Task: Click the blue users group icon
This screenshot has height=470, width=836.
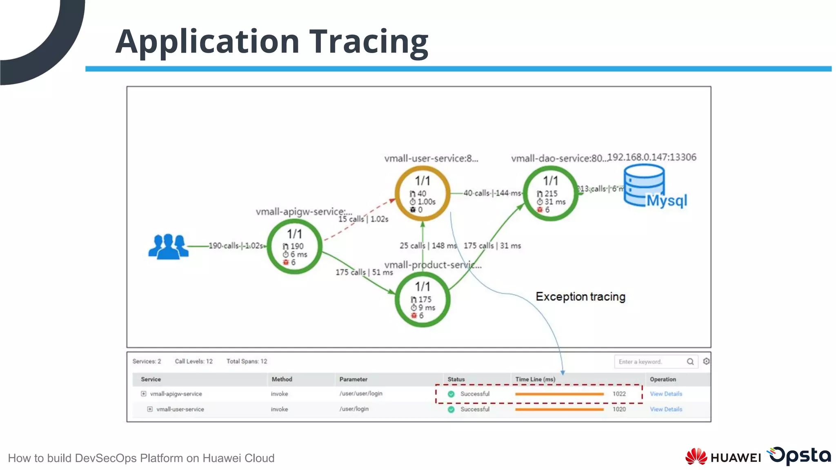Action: click(168, 246)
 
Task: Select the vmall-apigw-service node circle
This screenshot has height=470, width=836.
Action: click(294, 247)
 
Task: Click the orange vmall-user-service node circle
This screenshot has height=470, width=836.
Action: click(422, 193)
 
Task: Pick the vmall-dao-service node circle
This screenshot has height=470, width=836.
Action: click(550, 194)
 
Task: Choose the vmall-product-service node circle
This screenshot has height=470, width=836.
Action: click(422, 300)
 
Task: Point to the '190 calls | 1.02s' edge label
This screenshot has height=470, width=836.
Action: click(236, 246)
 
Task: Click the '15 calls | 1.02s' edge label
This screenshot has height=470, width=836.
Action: click(363, 219)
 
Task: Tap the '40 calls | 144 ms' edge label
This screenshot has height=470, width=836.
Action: click(492, 193)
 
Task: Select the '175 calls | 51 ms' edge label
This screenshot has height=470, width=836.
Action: click(364, 272)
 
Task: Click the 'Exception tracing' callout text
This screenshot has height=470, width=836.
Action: click(580, 297)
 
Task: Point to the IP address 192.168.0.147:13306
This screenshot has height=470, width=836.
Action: click(652, 157)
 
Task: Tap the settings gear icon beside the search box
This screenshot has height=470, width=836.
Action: click(706, 361)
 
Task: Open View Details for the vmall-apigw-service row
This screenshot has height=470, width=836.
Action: click(666, 394)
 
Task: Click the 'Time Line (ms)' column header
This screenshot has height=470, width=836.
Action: click(535, 379)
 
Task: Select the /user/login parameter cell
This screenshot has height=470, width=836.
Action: click(354, 409)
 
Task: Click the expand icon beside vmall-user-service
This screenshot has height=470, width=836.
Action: click(150, 409)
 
